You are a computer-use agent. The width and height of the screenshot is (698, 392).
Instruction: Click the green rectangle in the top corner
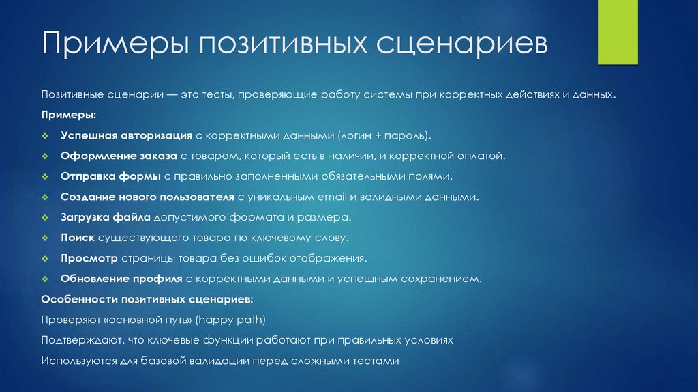click(618, 32)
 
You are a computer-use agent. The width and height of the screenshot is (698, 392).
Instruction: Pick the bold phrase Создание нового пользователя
click(147, 197)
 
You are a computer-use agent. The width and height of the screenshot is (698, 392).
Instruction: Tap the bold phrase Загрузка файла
click(106, 217)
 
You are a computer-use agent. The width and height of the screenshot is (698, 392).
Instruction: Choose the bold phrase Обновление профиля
click(121, 279)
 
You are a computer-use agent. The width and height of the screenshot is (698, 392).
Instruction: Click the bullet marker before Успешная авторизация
click(45, 136)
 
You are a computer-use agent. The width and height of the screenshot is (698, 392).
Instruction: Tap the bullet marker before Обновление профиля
click(45, 279)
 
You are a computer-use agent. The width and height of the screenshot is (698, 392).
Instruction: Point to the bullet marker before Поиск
click(45, 238)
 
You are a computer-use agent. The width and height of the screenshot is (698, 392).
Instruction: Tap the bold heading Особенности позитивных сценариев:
click(147, 299)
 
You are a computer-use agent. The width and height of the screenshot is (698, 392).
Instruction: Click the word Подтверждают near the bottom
click(81, 339)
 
